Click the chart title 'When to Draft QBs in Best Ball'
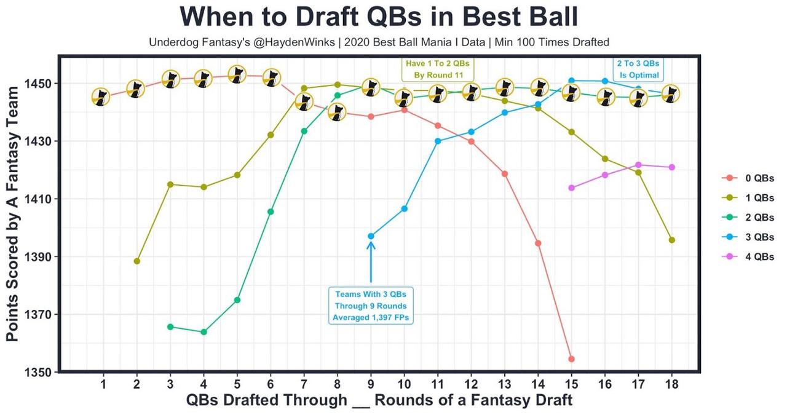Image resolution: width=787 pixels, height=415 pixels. tap(379, 17)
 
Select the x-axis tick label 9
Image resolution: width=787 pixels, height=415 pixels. tap(371, 385)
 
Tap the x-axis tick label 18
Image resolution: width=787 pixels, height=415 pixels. tap(671, 385)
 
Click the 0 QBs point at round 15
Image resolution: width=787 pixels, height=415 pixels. tap(572, 359)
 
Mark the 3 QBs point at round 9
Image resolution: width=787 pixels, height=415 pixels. tap(371, 236)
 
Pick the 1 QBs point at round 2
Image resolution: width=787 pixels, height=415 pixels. tap(136, 261)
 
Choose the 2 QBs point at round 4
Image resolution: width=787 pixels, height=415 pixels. tap(204, 332)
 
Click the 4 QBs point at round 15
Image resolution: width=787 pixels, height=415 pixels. tap(572, 188)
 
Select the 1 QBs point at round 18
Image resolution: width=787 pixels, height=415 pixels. tap(672, 240)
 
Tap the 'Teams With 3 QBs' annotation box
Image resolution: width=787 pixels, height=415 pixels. tap(371, 306)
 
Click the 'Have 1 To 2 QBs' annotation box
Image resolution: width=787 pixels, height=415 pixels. tap(438, 69)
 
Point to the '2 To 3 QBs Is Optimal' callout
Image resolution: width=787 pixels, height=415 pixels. tap(638, 69)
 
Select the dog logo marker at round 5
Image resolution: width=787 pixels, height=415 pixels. tap(237, 74)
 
